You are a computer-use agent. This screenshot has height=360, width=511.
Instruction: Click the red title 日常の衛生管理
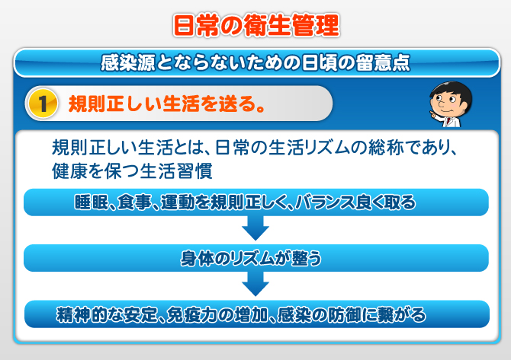pos(256,24)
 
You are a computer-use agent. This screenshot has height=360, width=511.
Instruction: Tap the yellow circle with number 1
pos(43,104)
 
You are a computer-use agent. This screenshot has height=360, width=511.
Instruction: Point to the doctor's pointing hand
pos(434,115)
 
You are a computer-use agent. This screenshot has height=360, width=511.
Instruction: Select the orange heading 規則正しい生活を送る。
pos(166,104)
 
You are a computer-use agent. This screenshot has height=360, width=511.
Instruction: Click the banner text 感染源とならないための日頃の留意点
pos(256,62)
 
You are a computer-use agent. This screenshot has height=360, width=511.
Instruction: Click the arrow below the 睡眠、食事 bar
pos(256,228)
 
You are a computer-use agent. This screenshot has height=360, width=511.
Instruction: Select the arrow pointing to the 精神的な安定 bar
pos(256,284)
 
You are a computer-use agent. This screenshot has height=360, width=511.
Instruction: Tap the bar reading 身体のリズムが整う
pos(256,258)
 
